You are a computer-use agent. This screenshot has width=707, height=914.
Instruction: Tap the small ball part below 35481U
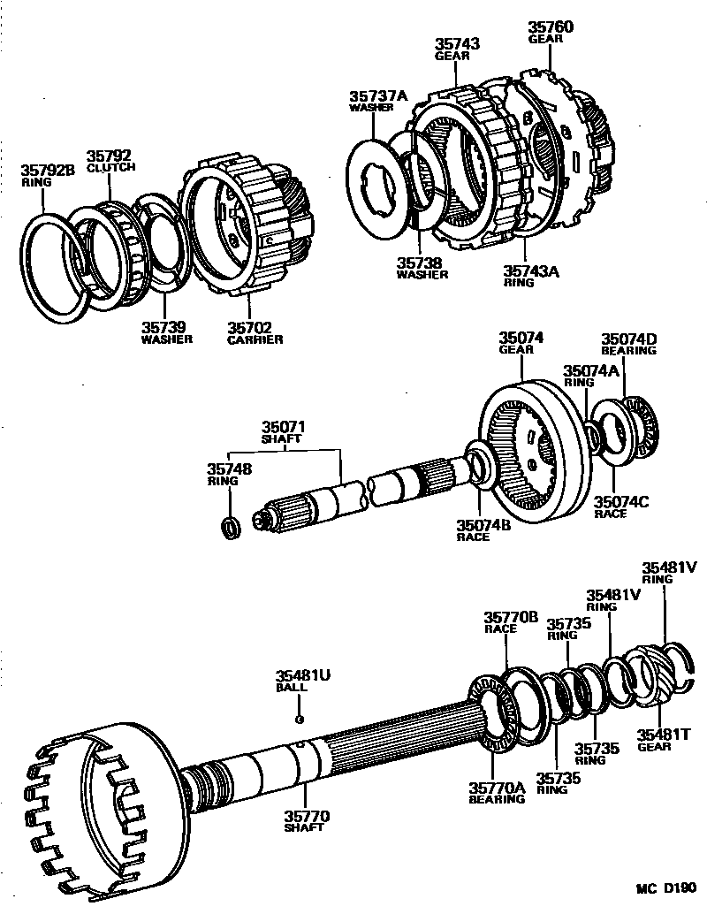[x=301, y=719]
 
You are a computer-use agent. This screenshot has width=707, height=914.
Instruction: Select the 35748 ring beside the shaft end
[x=231, y=528]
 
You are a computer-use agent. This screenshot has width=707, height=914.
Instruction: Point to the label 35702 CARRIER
[x=254, y=332]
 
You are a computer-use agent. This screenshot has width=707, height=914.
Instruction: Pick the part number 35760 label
[x=551, y=28]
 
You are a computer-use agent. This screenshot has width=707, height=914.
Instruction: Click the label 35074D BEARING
[x=628, y=344]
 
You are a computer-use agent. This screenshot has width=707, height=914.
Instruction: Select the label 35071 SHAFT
[x=281, y=432]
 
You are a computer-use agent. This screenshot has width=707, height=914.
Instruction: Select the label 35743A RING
[x=531, y=277]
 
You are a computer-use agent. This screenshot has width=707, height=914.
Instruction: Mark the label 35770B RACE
[x=510, y=621]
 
